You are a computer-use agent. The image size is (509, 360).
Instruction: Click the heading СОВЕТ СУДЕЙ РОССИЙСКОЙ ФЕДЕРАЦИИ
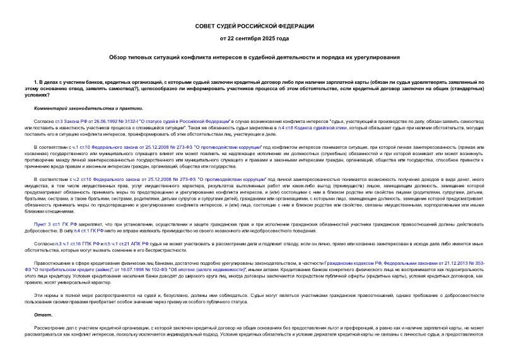pyautogui.click(x=254, y=26)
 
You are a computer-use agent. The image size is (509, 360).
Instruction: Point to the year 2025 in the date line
pyautogui.click(x=262, y=39)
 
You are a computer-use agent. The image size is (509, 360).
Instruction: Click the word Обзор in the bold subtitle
pyautogui.click(x=120, y=57)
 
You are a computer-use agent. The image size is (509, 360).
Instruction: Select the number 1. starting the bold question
pyautogui.click(x=36, y=83)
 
